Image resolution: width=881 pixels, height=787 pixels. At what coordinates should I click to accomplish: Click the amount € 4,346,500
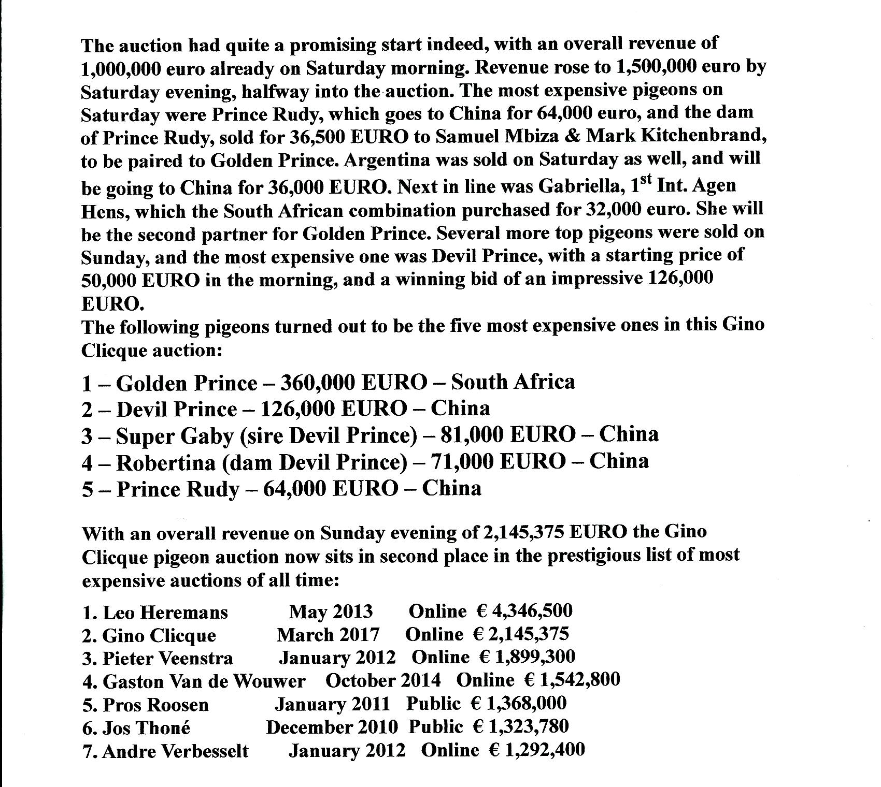(x=524, y=611)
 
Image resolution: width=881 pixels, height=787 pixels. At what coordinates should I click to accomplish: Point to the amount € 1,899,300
(x=527, y=657)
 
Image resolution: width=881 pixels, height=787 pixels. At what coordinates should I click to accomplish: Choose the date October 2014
(x=383, y=680)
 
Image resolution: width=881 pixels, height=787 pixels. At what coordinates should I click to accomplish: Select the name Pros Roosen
(x=155, y=705)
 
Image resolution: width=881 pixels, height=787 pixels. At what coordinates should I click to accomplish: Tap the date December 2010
(x=332, y=727)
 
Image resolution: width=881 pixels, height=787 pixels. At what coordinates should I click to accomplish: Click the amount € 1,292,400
(x=537, y=750)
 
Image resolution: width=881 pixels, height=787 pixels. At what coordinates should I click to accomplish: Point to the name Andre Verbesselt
(x=175, y=751)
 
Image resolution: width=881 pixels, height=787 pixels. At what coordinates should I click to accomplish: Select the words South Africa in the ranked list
(x=513, y=382)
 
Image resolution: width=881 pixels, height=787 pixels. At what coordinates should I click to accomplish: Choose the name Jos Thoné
(x=147, y=728)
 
